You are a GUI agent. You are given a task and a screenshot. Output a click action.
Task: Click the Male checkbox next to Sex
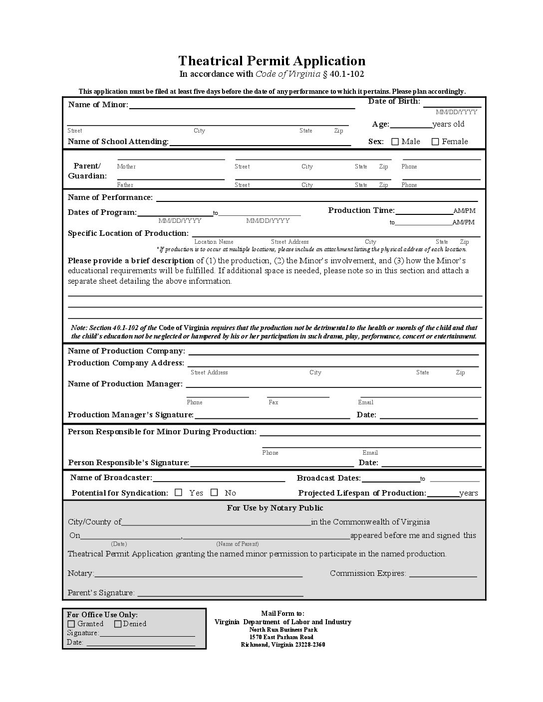pyautogui.click(x=395, y=142)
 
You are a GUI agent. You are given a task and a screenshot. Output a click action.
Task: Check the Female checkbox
pyautogui.click(x=435, y=142)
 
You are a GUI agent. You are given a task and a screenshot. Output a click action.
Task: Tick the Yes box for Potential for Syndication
pyautogui.click(x=179, y=493)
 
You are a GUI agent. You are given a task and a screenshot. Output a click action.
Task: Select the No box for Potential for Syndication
pyautogui.click(x=215, y=493)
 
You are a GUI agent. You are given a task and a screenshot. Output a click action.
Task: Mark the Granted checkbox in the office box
pyautogui.click(x=71, y=624)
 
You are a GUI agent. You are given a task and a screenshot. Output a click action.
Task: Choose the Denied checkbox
pyautogui.click(x=118, y=624)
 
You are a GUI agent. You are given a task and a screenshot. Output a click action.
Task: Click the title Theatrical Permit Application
pyautogui.click(x=272, y=61)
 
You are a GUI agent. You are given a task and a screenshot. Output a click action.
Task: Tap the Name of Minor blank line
pyautogui.click(x=242, y=105)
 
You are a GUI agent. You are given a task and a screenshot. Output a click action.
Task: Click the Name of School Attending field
pyautogui.click(x=260, y=143)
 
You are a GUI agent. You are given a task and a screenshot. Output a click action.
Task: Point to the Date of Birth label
pyautogui.click(x=394, y=101)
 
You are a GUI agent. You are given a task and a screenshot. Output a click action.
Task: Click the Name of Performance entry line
pyautogui.click(x=318, y=198)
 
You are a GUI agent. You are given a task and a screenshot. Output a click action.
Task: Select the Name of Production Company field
pyautogui.click(x=333, y=352)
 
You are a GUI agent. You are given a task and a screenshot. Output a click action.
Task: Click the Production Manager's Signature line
pyautogui.click(x=272, y=416)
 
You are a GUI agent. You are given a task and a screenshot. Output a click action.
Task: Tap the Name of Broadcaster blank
pyautogui.click(x=219, y=479)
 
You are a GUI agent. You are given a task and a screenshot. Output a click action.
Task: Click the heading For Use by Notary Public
pyautogui.click(x=275, y=508)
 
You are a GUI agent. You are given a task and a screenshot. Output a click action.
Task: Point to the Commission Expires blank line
pyautogui.click(x=443, y=574)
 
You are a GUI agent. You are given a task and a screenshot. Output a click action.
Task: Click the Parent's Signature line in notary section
pyautogui.click(x=220, y=594)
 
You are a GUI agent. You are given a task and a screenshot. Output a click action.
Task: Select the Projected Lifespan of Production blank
pyautogui.click(x=443, y=494)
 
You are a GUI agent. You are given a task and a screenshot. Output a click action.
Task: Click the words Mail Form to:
pyautogui.click(x=282, y=613)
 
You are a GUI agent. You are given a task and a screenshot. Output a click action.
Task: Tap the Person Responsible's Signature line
pyautogui.click(x=272, y=464)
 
